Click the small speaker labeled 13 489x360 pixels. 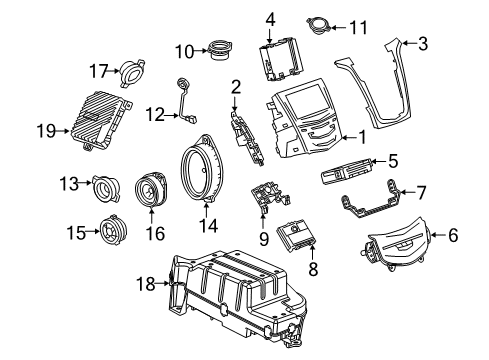point(106,186)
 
